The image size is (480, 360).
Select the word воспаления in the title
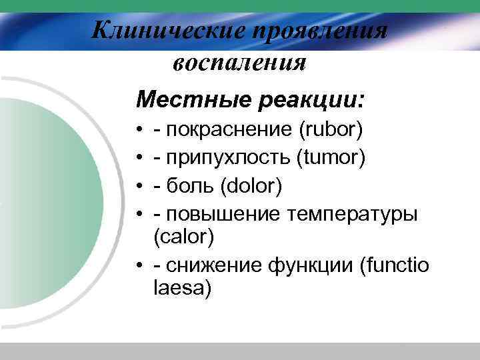tap(239, 63)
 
